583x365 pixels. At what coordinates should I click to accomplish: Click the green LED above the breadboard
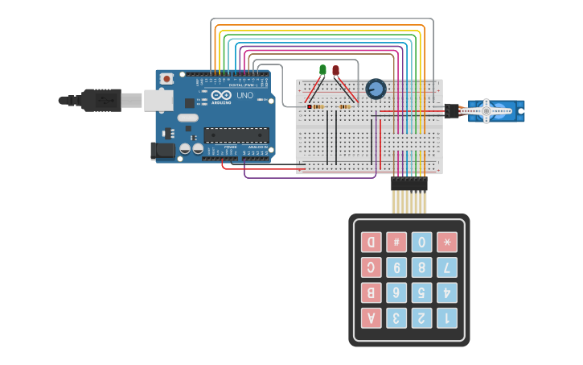pos(322,71)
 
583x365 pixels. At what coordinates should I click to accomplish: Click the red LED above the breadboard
pos(335,71)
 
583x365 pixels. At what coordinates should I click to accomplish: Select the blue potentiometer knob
pos(376,89)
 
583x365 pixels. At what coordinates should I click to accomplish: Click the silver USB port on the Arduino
pos(158,100)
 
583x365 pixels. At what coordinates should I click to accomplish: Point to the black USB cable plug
pos(101,101)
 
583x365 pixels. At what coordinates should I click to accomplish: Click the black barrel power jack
pos(162,151)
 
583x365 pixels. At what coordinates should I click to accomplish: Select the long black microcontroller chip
pos(236,135)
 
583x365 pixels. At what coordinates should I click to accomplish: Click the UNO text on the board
pos(244,96)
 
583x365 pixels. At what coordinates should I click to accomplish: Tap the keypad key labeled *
pos(446,242)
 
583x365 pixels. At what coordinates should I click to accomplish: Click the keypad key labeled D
pos(371,242)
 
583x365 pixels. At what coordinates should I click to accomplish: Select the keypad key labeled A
pos(371,317)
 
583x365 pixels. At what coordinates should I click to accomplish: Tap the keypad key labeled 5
pos(421,292)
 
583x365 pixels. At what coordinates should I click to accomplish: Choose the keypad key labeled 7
pos(446,267)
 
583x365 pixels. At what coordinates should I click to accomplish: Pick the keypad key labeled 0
pos(421,242)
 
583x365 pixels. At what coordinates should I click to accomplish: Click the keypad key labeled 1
pos(446,317)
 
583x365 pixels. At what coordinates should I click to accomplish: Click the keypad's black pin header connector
pos(409,184)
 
